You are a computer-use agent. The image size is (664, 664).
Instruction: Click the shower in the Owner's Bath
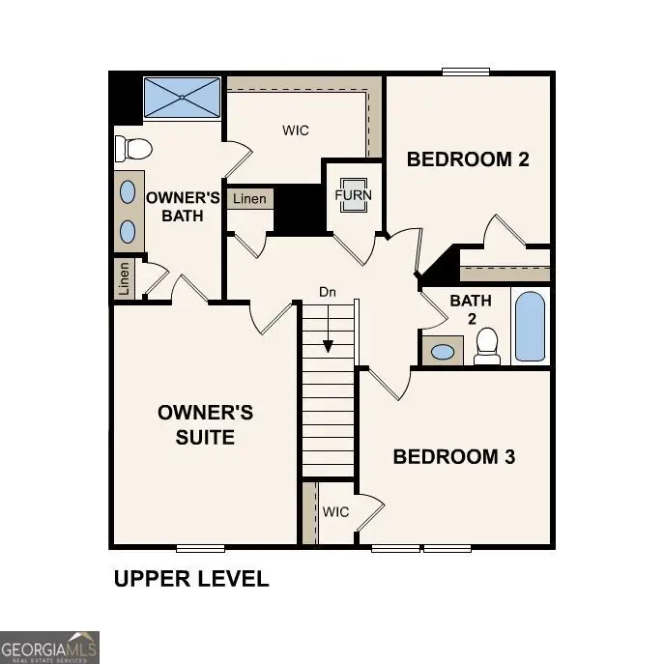click(x=183, y=98)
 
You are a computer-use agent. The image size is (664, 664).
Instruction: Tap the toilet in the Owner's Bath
click(x=133, y=149)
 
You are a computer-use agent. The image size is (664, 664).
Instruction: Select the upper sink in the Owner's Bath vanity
click(x=128, y=191)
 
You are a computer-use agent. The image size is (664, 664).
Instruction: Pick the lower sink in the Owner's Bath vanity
click(x=128, y=230)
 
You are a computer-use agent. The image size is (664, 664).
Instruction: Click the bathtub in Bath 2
click(x=530, y=327)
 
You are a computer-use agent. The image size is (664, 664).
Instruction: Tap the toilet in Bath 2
click(x=487, y=345)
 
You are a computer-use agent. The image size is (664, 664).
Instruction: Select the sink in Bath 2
click(x=443, y=351)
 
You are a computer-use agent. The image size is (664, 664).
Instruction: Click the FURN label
click(x=353, y=195)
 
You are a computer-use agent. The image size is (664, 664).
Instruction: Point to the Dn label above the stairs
click(x=329, y=291)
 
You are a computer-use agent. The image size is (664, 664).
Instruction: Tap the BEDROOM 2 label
click(x=468, y=159)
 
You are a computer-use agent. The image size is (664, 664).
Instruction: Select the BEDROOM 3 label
click(x=453, y=457)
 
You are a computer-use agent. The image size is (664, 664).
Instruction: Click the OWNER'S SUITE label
click(x=205, y=425)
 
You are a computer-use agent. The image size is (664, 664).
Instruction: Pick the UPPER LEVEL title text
click(x=191, y=579)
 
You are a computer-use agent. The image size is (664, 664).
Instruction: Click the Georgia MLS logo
click(x=49, y=647)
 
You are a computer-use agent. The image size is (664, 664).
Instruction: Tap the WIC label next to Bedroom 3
click(x=335, y=511)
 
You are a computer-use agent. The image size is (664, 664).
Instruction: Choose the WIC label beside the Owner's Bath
click(x=296, y=130)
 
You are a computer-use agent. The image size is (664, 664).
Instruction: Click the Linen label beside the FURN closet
click(x=249, y=199)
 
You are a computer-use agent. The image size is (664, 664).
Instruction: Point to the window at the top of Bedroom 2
click(x=466, y=71)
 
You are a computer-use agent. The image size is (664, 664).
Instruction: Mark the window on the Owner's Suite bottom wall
click(x=200, y=548)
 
